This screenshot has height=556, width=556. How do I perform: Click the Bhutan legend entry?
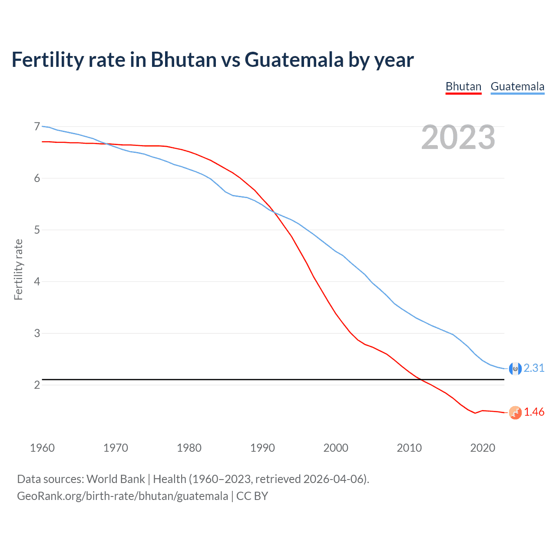click(463, 86)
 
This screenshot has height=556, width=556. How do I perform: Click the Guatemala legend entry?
click(517, 86)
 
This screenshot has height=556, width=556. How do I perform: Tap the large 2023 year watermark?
click(458, 137)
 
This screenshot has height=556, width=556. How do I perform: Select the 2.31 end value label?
click(534, 368)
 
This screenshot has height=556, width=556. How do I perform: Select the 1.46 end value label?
click(534, 412)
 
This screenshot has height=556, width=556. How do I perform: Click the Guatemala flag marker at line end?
click(515, 369)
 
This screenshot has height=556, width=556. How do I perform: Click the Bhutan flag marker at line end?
click(515, 413)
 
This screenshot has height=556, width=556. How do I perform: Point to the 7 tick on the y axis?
click(37, 126)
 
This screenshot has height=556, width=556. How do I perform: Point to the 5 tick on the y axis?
click(37, 230)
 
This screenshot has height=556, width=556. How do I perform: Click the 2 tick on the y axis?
click(37, 385)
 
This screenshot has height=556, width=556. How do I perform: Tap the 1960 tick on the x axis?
click(42, 448)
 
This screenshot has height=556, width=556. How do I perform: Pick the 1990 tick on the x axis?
click(262, 448)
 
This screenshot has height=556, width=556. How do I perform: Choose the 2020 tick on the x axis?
click(483, 448)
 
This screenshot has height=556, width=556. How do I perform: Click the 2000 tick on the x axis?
click(336, 448)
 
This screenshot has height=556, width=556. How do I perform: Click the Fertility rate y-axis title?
click(18, 269)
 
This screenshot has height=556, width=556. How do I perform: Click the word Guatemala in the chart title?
click(294, 60)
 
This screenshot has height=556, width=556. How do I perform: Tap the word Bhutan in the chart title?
click(183, 60)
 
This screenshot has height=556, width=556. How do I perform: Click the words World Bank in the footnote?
click(116, 479)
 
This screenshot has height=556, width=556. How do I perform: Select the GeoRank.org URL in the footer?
click(122, 496)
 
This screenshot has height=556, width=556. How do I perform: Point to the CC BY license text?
click(252, 496)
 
